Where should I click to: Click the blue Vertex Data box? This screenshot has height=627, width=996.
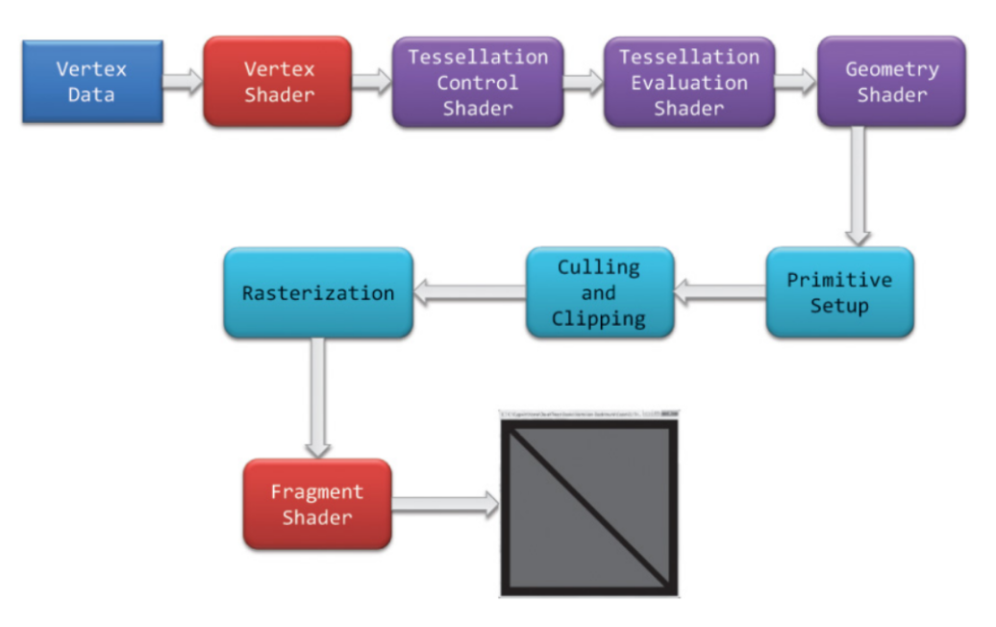click(x=92, y=82)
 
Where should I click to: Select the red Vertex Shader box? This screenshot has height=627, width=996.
click(x=277, y=82)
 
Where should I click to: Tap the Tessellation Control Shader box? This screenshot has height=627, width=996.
click(x=477, y=83)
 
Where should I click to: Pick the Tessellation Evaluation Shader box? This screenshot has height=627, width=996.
click(x=688, y=83)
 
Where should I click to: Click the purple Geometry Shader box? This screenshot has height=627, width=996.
click(x=891, y=83)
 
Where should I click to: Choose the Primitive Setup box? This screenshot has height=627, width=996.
click(x=839, y=292)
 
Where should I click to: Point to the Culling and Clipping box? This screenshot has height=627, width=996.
click(x=600, y=292)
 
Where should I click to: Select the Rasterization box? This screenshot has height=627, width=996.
click(x=318, y=292)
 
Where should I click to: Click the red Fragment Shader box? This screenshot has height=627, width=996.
click(x=317, y=505)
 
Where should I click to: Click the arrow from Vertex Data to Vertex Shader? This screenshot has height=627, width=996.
click(x=183, y=81)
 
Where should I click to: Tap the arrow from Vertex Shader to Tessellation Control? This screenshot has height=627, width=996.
click(x=371, y=81)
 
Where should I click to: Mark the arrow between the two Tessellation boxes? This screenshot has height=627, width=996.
click(x=583, y=81)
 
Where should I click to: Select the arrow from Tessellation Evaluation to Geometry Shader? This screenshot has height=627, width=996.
click(x=795, y=81)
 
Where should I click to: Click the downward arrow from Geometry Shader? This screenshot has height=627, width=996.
click(x=858, y=187)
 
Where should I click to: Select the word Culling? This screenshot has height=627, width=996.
click(x=599, y=267)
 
